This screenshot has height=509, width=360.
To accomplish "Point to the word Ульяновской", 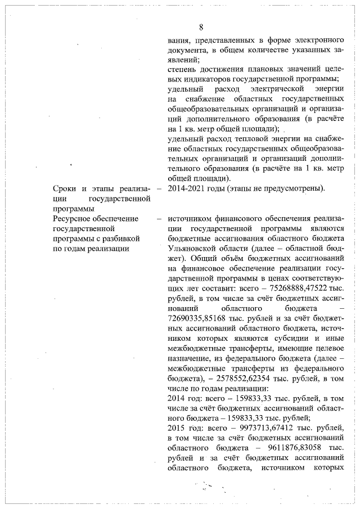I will click(x=192, y=248).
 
